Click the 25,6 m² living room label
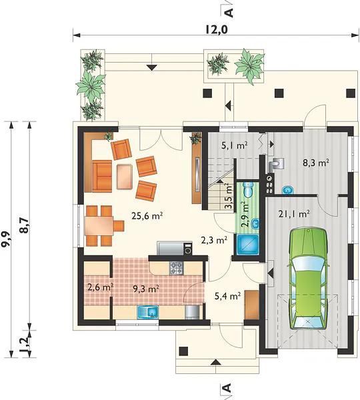point(147,216)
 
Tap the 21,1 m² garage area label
point(294,214)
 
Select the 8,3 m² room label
point(315,163)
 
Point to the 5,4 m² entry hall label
point(228,296)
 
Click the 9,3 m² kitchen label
point(147,289)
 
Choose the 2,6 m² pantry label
point(100,287)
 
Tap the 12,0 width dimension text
point(217,30)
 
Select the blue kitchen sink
point(148,312)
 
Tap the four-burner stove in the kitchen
point(176,268)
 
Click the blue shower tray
point(248,245)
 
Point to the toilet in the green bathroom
point(248,189)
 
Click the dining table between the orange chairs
point(99,226)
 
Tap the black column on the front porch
point(183,351)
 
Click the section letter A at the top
point(229,13)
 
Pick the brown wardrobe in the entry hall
point(252,305)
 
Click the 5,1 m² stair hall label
point(234,145)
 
